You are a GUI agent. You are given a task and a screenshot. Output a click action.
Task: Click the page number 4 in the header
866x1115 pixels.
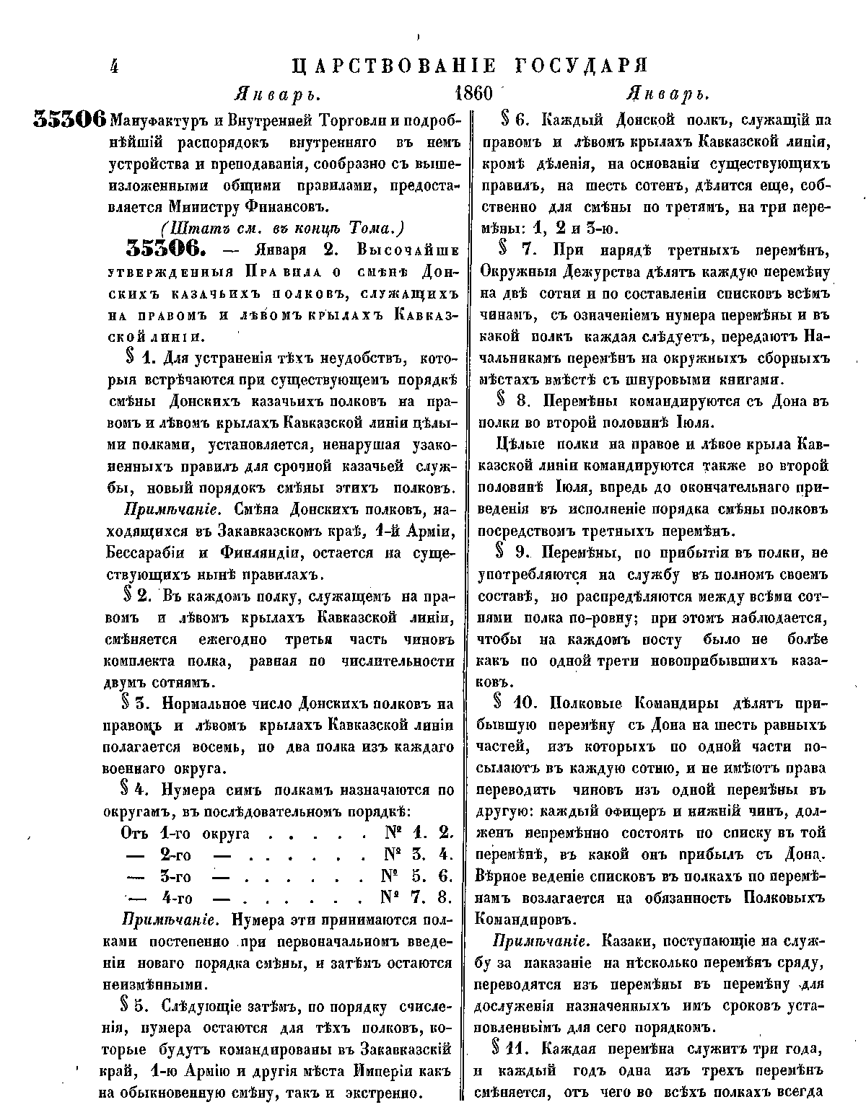pyautogui.click(x=113, y=66)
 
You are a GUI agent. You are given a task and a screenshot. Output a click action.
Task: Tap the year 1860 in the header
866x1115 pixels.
pyautogui.click(x=473, y=94)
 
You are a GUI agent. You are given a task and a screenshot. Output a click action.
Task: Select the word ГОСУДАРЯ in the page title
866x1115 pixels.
pyautogui.click(x=582, y=66)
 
